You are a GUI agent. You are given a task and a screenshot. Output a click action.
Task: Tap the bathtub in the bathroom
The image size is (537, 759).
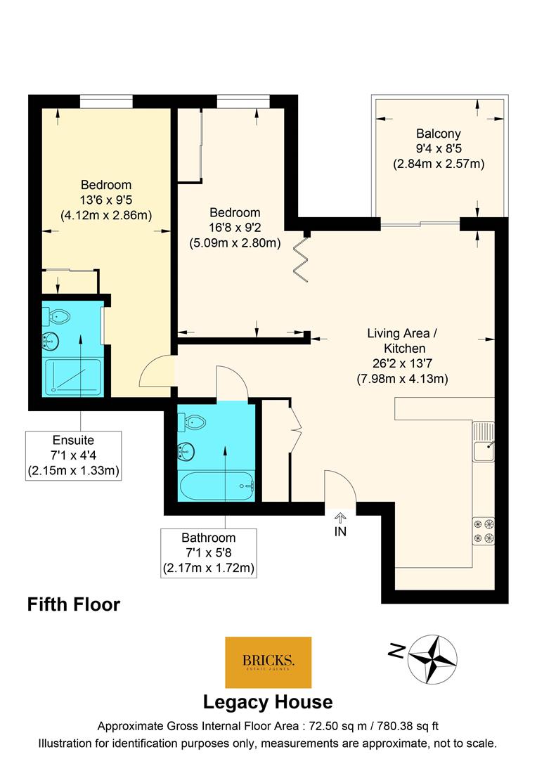pos(216,486)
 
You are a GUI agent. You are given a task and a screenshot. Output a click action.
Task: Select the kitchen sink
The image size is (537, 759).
pos(484,441)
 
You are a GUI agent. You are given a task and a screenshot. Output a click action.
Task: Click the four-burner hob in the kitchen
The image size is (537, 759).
pos(484,531)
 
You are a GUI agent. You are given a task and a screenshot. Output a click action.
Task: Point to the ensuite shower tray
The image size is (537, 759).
pos(73,377)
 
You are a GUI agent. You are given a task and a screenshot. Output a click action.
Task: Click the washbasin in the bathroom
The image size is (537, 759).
pos(186,452)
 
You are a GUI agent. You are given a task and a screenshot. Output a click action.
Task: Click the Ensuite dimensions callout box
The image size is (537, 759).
pos(73,455)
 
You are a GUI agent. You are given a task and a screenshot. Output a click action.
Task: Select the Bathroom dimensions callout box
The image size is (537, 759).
pos(209,553)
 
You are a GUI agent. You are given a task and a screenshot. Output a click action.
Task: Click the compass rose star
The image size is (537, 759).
pos(432,659)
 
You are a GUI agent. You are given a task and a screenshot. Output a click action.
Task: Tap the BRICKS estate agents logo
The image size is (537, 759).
pos(268,662)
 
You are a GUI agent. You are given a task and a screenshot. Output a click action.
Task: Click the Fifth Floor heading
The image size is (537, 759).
pos(74,604)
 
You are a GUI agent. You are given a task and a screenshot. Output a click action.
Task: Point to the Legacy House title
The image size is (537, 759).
pos(268,702)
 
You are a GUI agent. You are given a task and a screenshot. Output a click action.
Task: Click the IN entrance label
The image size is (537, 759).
pos(340,531)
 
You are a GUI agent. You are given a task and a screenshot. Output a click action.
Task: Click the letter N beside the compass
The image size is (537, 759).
pos(397,651)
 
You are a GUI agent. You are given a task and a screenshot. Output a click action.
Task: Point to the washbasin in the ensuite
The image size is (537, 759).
pos(51,342)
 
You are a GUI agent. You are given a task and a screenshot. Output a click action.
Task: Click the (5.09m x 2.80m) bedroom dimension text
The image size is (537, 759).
pos(235,243)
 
